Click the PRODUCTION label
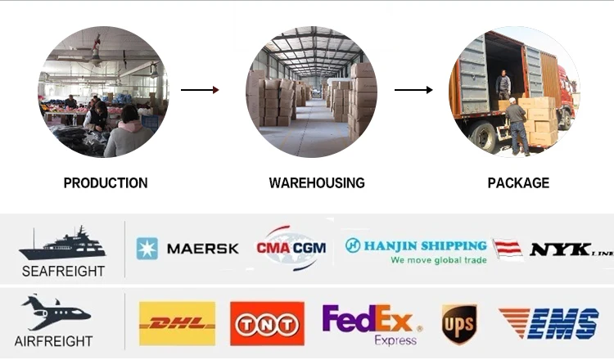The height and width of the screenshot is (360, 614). pos(106,183)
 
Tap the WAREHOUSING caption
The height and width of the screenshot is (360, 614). pos(317,183)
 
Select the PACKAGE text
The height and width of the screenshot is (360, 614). pos(518,183)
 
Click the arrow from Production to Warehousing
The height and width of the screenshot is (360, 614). pos(200,89)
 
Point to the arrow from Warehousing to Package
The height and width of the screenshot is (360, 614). pos(413,89)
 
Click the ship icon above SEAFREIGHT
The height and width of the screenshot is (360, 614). pos(61,244)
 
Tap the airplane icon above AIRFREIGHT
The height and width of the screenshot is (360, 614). pos(56,312)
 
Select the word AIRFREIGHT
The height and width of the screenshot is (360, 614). pos(53,340)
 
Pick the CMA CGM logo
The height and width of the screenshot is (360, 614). pos(291,247)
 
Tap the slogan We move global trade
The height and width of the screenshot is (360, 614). pos(438,260)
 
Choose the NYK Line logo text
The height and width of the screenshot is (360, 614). pos(570,249)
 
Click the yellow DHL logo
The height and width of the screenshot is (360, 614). pos(177,323)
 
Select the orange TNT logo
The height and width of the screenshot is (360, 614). pos(267,324)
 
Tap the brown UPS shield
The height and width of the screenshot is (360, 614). pos(459,324)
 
